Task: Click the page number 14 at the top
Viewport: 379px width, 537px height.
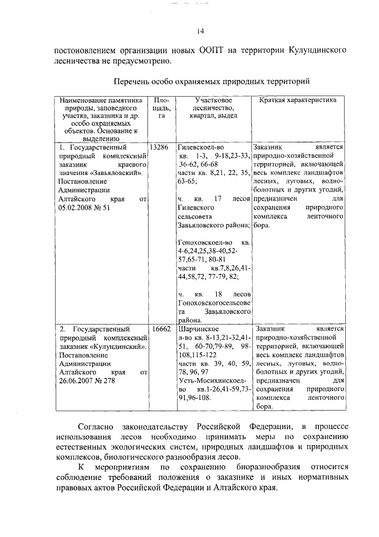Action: click(x=200, y=31)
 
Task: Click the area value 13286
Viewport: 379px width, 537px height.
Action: click(x=160, y=146)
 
